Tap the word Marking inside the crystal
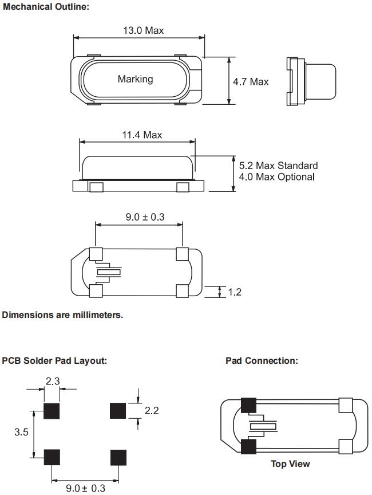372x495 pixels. (x=135, y=79)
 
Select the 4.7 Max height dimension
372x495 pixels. (x=251, y=82)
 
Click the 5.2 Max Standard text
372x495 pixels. (x=278, y=166)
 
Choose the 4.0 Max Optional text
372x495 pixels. (x=277, y=176)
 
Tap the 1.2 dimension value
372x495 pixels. (x=235, y=292)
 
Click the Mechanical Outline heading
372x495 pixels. (x=46, y=7)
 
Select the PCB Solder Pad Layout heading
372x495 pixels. (x=54, y=361)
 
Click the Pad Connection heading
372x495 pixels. (x=262, y=361)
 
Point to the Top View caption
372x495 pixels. (x=291, y=463)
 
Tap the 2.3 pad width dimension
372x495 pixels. (x=53, y=381)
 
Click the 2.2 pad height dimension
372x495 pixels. (x=152, y=411)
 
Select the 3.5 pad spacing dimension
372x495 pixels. (x=21, y=433)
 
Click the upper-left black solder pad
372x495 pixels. (x=53, y=411)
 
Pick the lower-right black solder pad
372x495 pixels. (x=118, y=457)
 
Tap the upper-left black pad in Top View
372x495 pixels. (x=249, y=405)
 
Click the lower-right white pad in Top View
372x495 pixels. (x=346, y=446)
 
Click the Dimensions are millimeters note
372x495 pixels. (x=62, y=315)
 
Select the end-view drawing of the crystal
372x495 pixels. (x=310, y=82)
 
